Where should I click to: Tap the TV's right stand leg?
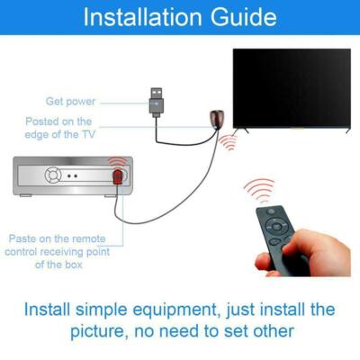[346, 130]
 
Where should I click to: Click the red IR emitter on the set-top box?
[117, 176]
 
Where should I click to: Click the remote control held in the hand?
[280, 233]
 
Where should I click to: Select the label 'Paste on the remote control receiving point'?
[56, 251]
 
